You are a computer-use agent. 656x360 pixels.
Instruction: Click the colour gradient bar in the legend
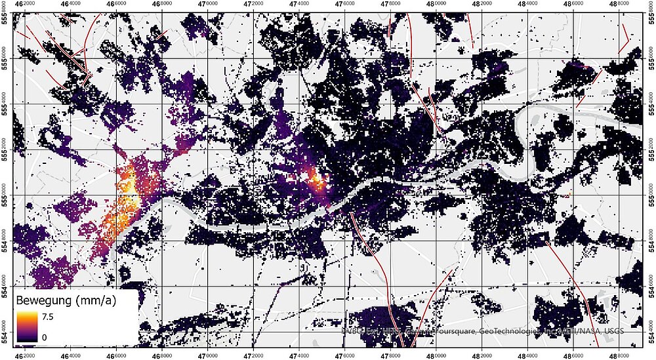27,326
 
